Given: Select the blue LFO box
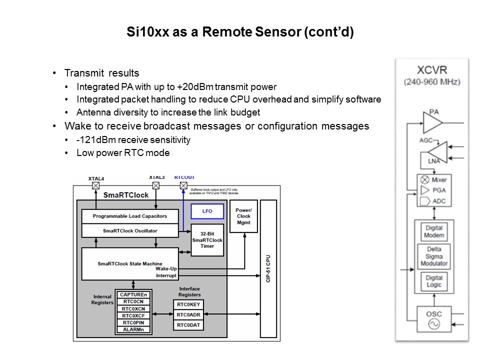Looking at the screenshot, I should pyautogui.click(x=207, y=211).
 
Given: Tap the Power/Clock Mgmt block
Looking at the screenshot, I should pyautogui.click(x=243, y=216).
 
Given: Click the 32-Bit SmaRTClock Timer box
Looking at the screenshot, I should pyautogui.click(x=207, y=240).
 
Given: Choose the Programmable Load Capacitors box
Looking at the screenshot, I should pyautogui.click(x=130, y=216).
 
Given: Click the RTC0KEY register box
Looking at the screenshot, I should pyautogui.click(x=188, y=304).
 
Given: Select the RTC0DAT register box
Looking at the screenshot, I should pyautogui.click(x=188, y=325).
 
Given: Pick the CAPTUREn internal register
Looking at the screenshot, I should pyautogui.click(x=134, y=294).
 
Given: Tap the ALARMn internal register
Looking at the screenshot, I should pyautogui.click(x=134, y=329).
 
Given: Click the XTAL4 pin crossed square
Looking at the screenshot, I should pyautogui.click(x=95, y=185).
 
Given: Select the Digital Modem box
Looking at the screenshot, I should pyautogui.click(x=434, y=232).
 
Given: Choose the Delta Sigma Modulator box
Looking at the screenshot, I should pyautogui.click(x=434, y=256).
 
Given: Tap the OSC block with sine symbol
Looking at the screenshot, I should pyautogui.click(x=433, y=318).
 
